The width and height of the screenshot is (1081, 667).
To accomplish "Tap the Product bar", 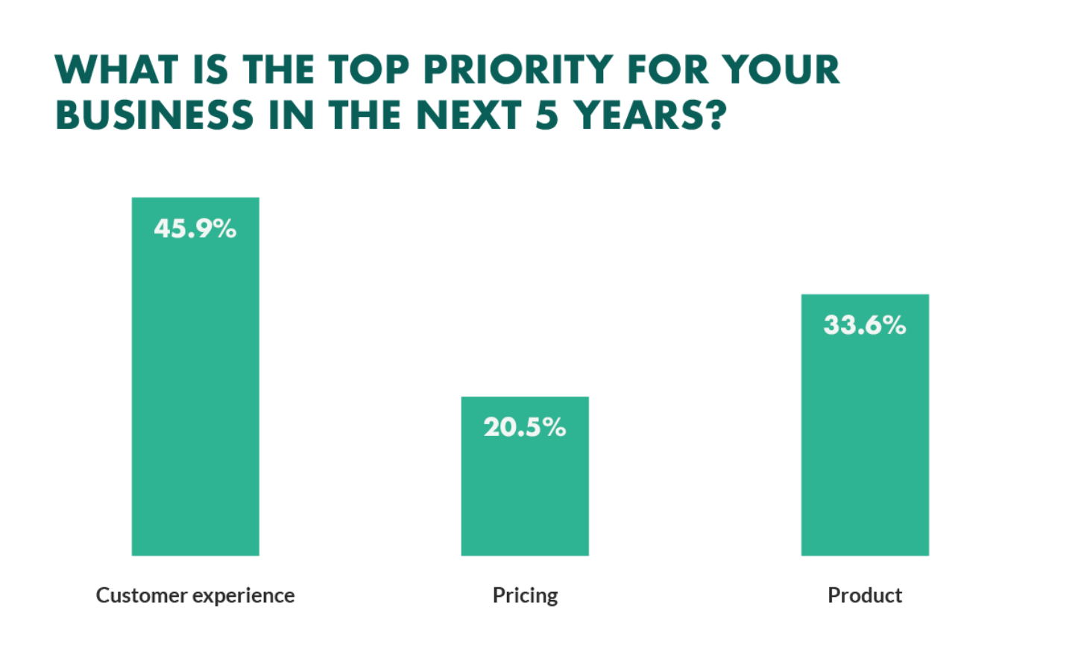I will (x=865, y=440).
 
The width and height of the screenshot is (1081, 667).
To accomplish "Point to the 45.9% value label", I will (x=195, y=228).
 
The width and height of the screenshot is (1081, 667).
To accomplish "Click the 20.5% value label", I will (x=525, y=427).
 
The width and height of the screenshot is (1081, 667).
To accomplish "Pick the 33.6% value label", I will (x=865, y=325).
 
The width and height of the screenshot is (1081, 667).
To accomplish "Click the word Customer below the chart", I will (x=142, y=595).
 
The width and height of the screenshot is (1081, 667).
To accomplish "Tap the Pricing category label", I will (x=525, y=595).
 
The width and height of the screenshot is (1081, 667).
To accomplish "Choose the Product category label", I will (x=865, y=595).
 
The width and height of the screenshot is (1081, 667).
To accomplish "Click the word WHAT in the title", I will (x=116, y=70).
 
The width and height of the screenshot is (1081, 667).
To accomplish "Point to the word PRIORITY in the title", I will (x=518, y=70).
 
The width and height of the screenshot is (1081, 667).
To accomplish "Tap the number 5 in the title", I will (x=546, y=116).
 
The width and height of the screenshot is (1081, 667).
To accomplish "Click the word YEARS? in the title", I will (x=649, y=116).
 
